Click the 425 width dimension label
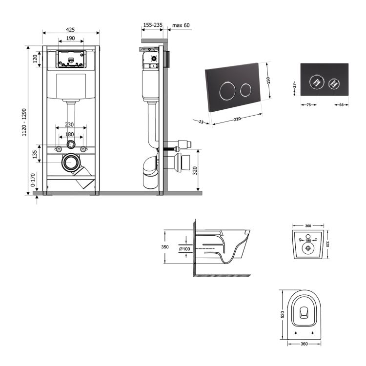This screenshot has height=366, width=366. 71,29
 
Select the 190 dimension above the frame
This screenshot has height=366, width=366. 71,38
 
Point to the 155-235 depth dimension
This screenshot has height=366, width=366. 153,25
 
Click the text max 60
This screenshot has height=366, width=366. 181,25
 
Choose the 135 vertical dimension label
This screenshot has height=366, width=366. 34,155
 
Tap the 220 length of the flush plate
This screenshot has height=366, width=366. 237,119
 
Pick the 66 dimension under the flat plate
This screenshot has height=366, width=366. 342,104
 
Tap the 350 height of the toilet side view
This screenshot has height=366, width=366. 165,247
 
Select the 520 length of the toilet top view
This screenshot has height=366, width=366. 283,315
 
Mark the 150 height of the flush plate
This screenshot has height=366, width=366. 268,81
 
